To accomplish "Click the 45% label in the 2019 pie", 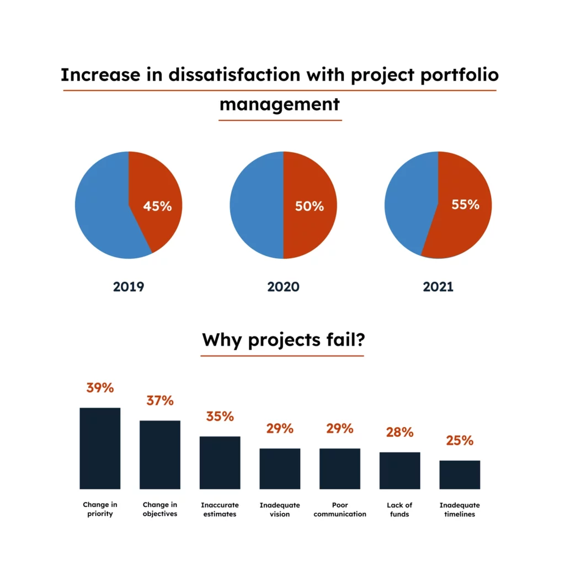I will coord(157,206).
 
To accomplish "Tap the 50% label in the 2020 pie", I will coord(309,206).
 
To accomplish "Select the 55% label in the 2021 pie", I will coord(465,205).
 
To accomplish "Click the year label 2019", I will coord(129,287).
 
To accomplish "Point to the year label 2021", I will coord(438,287).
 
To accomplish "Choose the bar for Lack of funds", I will coord(399,470).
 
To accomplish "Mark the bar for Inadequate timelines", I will coord(460,475).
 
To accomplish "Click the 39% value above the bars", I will coord(100,388).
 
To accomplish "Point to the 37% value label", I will coord(160,401).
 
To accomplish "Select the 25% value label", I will coord(460,441).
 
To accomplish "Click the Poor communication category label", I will coord(340,509).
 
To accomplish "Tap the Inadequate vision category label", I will coord(280,509).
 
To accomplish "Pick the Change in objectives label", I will coord(160,509).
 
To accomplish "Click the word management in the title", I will coord(280,104).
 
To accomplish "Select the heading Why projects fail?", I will coord(282,340).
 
